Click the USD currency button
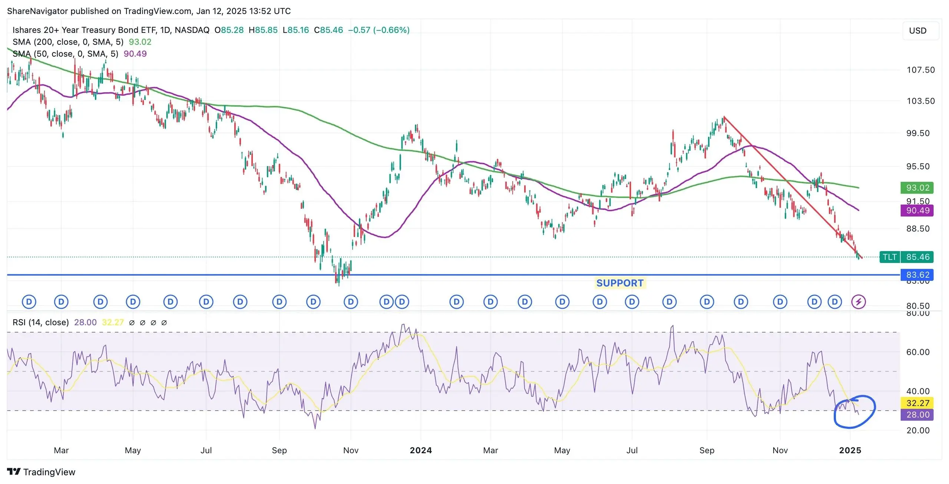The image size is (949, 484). pos(917,31)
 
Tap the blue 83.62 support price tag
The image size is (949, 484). pos(917,275)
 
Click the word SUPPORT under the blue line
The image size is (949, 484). pos(620,283)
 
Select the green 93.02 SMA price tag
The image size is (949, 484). pos(917,188)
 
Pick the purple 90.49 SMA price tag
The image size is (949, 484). pos(917,211)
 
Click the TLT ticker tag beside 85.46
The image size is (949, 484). pos(889,257)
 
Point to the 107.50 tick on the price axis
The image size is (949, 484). pos(920,70)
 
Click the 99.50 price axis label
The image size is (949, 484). pos(918,133)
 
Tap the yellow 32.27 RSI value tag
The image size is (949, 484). pos(917,403)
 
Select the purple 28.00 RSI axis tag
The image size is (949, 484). pos(917,415)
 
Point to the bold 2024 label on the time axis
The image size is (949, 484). pos(421,450)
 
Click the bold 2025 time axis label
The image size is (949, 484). pos(850,450)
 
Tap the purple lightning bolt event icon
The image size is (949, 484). pos(858,302)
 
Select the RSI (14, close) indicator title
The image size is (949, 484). pos(41,323)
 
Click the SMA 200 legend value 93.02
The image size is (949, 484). pos(140,42)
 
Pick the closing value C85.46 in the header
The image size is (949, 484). pos(328,30)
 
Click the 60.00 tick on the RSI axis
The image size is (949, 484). pos(918,352)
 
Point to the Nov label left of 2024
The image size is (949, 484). pos(351,450)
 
